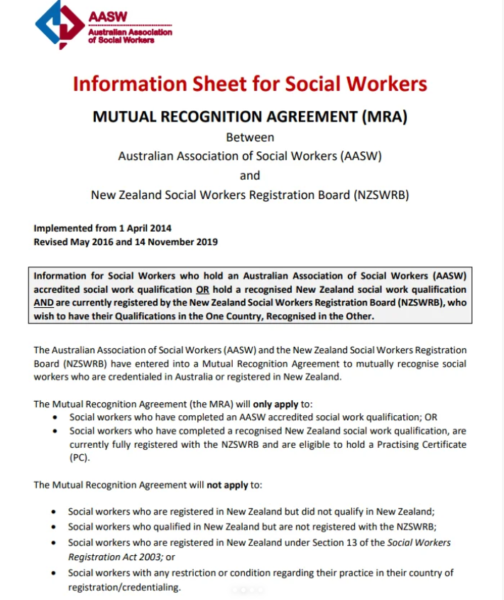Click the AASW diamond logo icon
59,24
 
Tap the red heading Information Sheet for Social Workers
250,84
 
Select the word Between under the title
250,137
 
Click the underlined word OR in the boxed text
203,289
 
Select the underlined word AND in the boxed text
45,303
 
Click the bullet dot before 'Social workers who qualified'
55,527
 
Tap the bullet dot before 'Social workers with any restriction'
55,573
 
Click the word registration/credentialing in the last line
124,588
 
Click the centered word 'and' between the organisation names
250,175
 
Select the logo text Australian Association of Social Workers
130,36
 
